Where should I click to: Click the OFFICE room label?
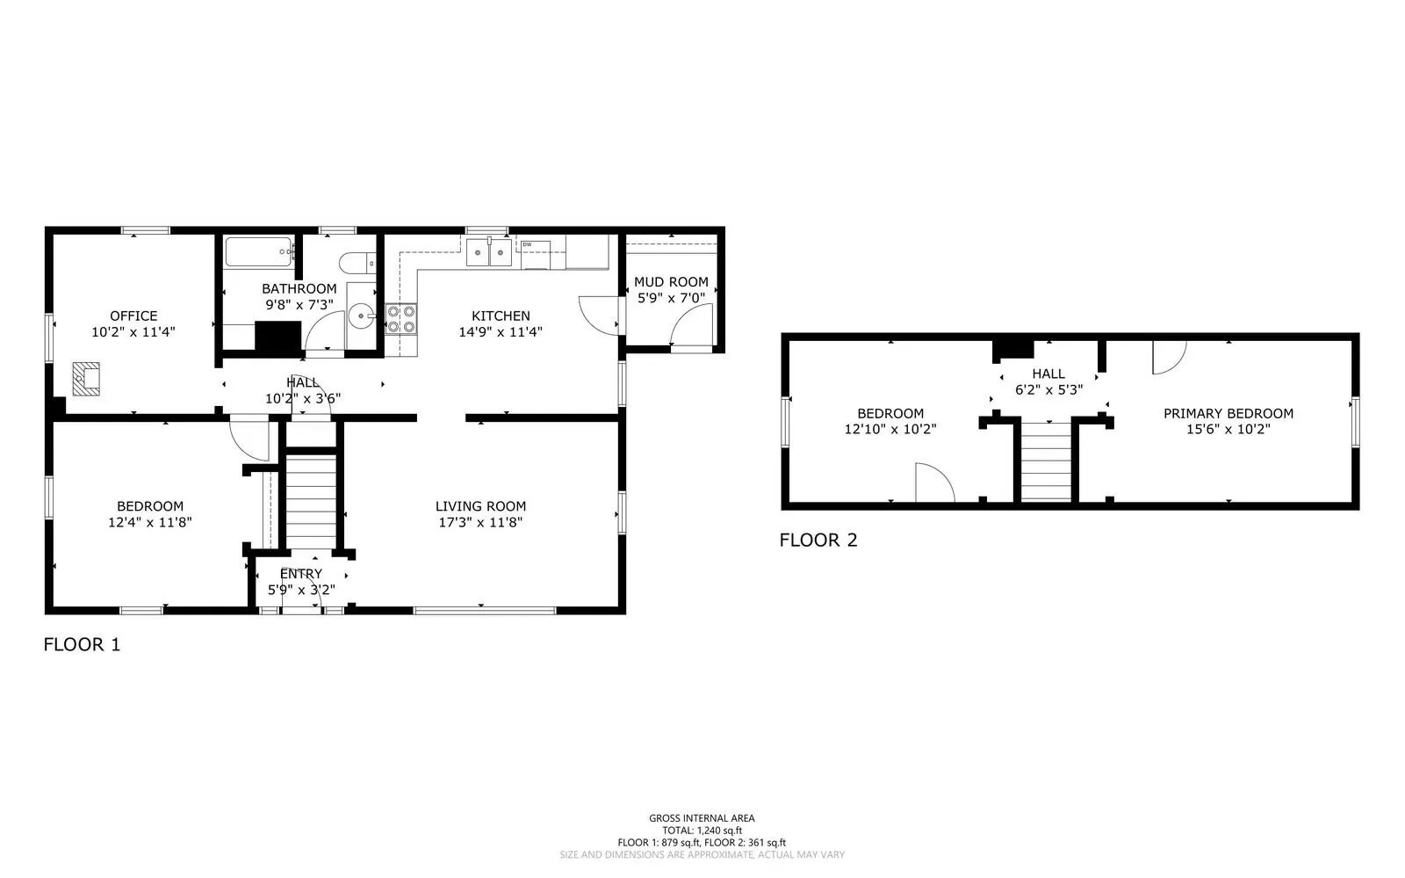click(133, 316)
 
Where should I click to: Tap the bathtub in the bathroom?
click(259, 251)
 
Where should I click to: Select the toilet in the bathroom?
click(357, 263)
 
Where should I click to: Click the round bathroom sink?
click(362, 316)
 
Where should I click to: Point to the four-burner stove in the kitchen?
click(400, 319)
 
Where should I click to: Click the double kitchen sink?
click(488, 252)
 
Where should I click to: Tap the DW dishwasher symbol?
click(536, 254)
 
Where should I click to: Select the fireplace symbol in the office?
click(86, 379)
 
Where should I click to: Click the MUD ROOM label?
click(671, 282)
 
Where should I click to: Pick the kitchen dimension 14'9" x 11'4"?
click(501, 332)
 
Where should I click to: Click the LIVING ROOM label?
click(480, 506)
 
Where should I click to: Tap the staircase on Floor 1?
click(311, 503)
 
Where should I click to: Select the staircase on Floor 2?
click(1046, 462)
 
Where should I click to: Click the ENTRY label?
click(301, 574)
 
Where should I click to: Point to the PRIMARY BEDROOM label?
click(1228, 414)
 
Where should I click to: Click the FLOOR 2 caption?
click(818, 541)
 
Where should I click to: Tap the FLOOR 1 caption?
click(82, 644)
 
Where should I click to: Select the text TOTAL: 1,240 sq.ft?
click(702, 831)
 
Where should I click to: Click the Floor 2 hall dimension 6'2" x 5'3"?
click(1048, 389)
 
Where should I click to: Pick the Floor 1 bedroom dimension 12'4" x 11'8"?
click(150, 522)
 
